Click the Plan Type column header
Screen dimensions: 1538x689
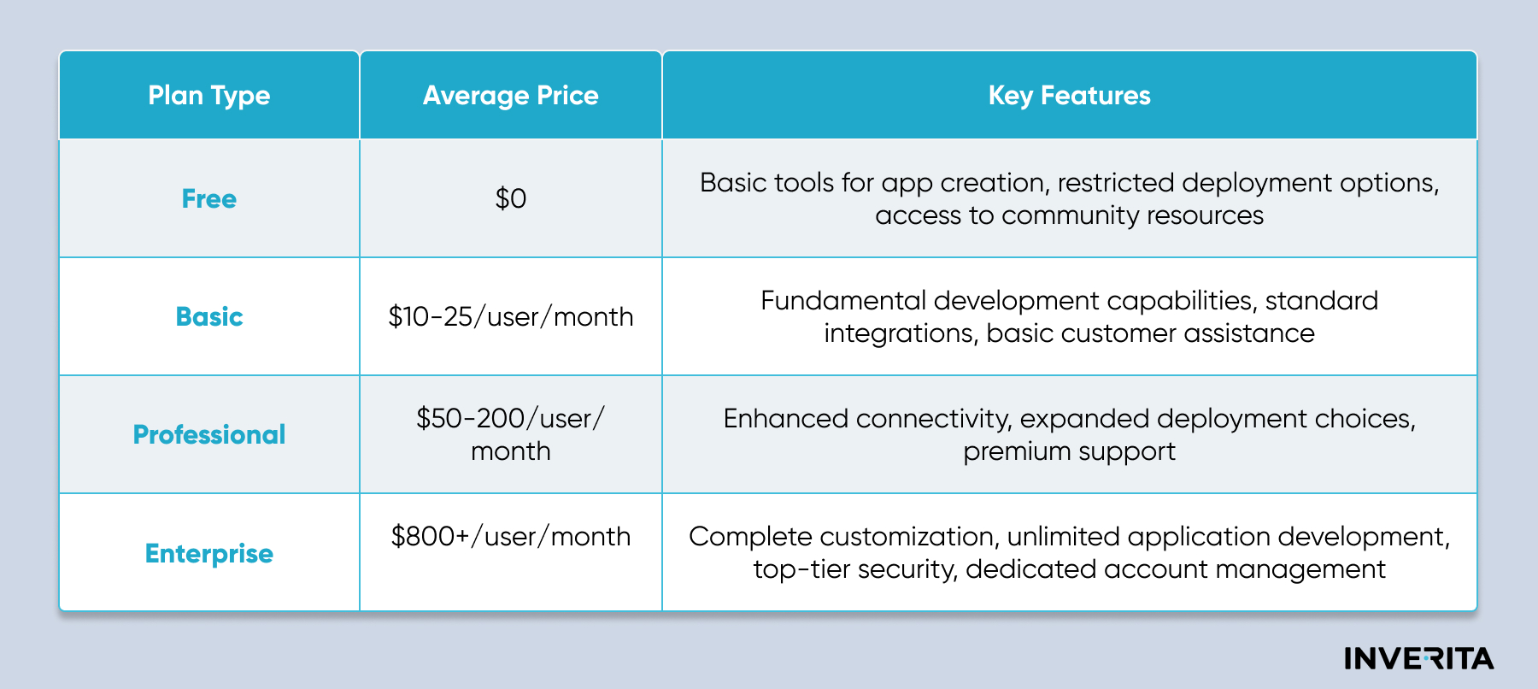(x=209, y=96)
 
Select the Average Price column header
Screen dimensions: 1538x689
(x=511, y=96)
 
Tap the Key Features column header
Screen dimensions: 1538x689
(x=1070, y=96)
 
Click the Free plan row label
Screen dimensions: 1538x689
(x=209, y=199)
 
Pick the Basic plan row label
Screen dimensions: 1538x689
(x=209, y=317)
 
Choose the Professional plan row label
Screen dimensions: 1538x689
(x=209, y=435)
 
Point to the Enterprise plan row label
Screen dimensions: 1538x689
(x=209, y=554)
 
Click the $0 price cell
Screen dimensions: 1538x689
(x=511, y=199)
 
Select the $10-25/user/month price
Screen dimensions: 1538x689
(x=511, y=317)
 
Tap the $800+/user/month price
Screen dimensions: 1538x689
(x=511, y=537)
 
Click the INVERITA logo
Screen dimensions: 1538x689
(x=1419, y=658)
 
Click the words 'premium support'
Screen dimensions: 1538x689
(x=1070, y=452)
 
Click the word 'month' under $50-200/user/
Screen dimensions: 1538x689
(x=511, y=451)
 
